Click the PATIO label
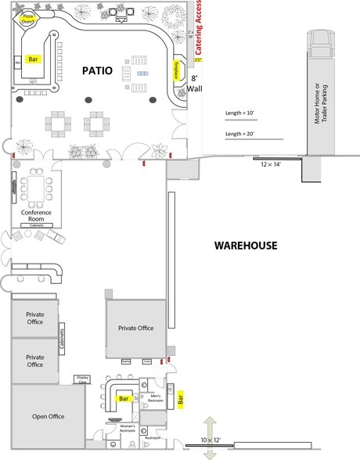98,71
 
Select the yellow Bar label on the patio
33,59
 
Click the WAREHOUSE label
247,246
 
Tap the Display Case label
82,379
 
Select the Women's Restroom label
127,428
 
